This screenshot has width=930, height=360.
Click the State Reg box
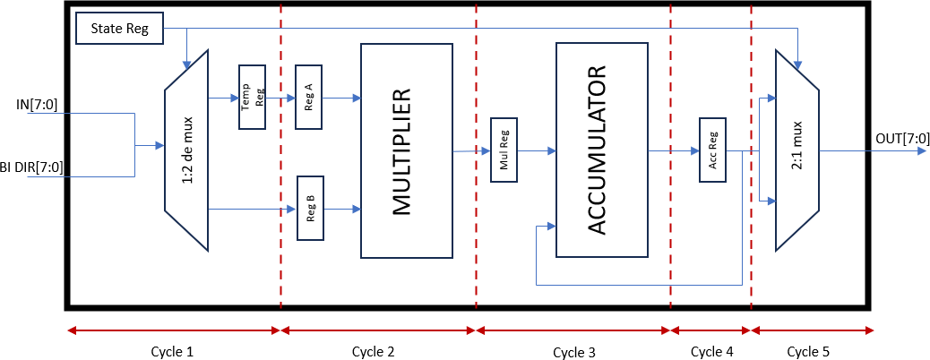tap(120, 29)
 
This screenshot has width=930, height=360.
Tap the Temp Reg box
tap(252, 97)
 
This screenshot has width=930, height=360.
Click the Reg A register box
tap(310, 97)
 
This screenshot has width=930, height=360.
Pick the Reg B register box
tap(310, 209)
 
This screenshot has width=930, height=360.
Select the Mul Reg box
tap(504, 150)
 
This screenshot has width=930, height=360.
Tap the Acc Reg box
tap(712, 150)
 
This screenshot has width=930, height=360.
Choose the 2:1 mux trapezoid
tap(797, 150)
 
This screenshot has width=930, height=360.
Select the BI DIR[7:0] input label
tap(32, 167)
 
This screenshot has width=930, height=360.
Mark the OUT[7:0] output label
tap(900, 138)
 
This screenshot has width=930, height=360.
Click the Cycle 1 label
tap(172, 352)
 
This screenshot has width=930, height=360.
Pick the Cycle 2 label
tap(372, 352)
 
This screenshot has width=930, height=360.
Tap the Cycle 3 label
tap(574, 353)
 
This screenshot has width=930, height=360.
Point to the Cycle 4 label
tap(711, 352)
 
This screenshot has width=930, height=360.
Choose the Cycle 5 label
tap(807, 352)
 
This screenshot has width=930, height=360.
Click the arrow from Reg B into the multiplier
tap(342, 210)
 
